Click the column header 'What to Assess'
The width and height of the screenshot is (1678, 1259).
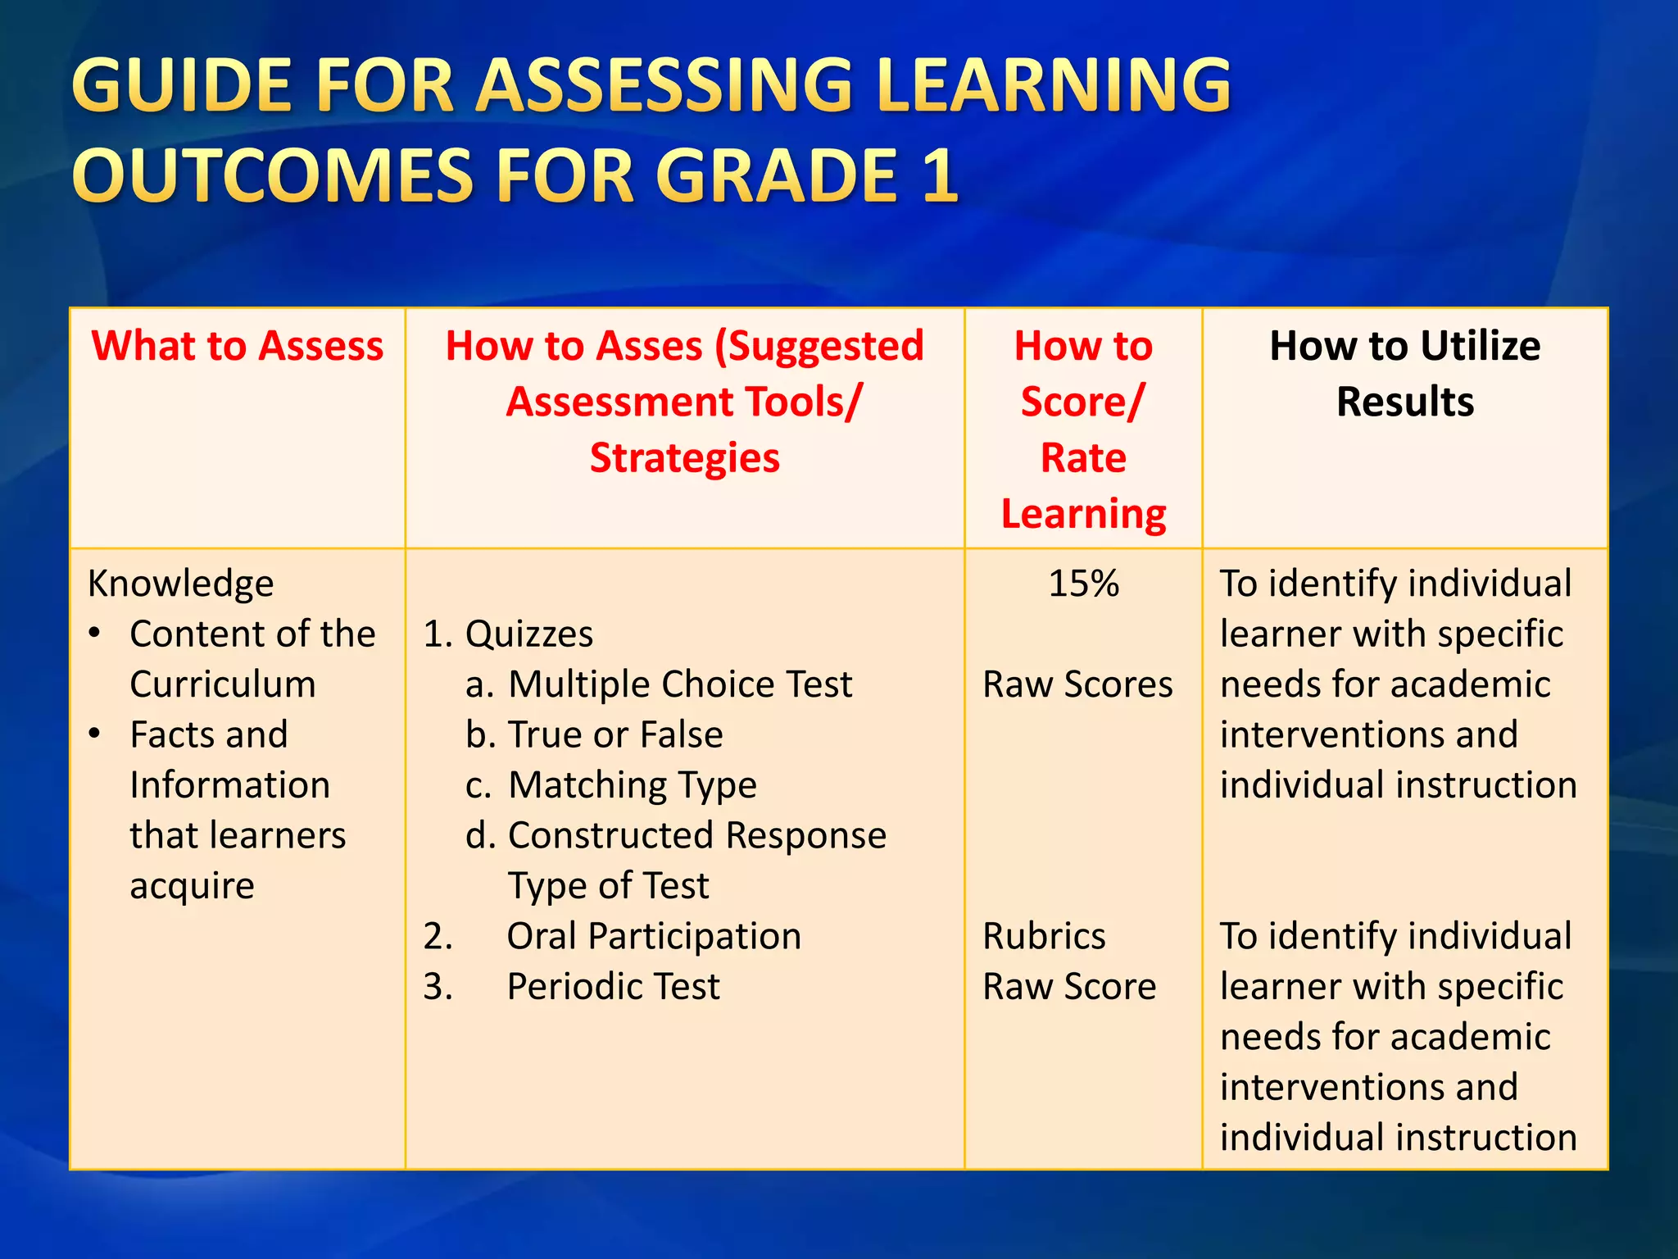coord(237,346)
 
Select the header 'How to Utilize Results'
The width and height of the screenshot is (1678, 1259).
coord(1404,373)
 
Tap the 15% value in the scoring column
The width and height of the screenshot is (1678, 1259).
coord(1083,584)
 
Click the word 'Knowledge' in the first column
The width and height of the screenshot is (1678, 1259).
coord(180,584)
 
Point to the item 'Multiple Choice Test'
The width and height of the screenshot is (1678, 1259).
coord(679,684)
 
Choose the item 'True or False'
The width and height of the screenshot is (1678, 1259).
coord(615,734)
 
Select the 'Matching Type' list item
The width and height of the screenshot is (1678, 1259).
coord(632,785)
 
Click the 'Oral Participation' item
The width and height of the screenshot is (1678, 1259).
coord(653,936)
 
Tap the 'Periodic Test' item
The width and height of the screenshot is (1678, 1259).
coord(613,987)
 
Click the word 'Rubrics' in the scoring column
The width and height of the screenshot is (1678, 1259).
coord(1044,936)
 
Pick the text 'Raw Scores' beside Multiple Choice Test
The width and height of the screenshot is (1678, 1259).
coord(1077,684)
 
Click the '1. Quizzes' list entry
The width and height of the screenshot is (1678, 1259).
coord(508,634)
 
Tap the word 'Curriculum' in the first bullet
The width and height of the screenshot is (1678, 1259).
coord(222,684)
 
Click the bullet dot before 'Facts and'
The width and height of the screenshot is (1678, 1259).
coord(95,733)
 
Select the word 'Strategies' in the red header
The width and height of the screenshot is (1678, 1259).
coord(684,457)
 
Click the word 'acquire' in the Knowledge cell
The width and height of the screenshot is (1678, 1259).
coord(192,886)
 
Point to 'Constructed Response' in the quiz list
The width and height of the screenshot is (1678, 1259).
coord(696,835)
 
